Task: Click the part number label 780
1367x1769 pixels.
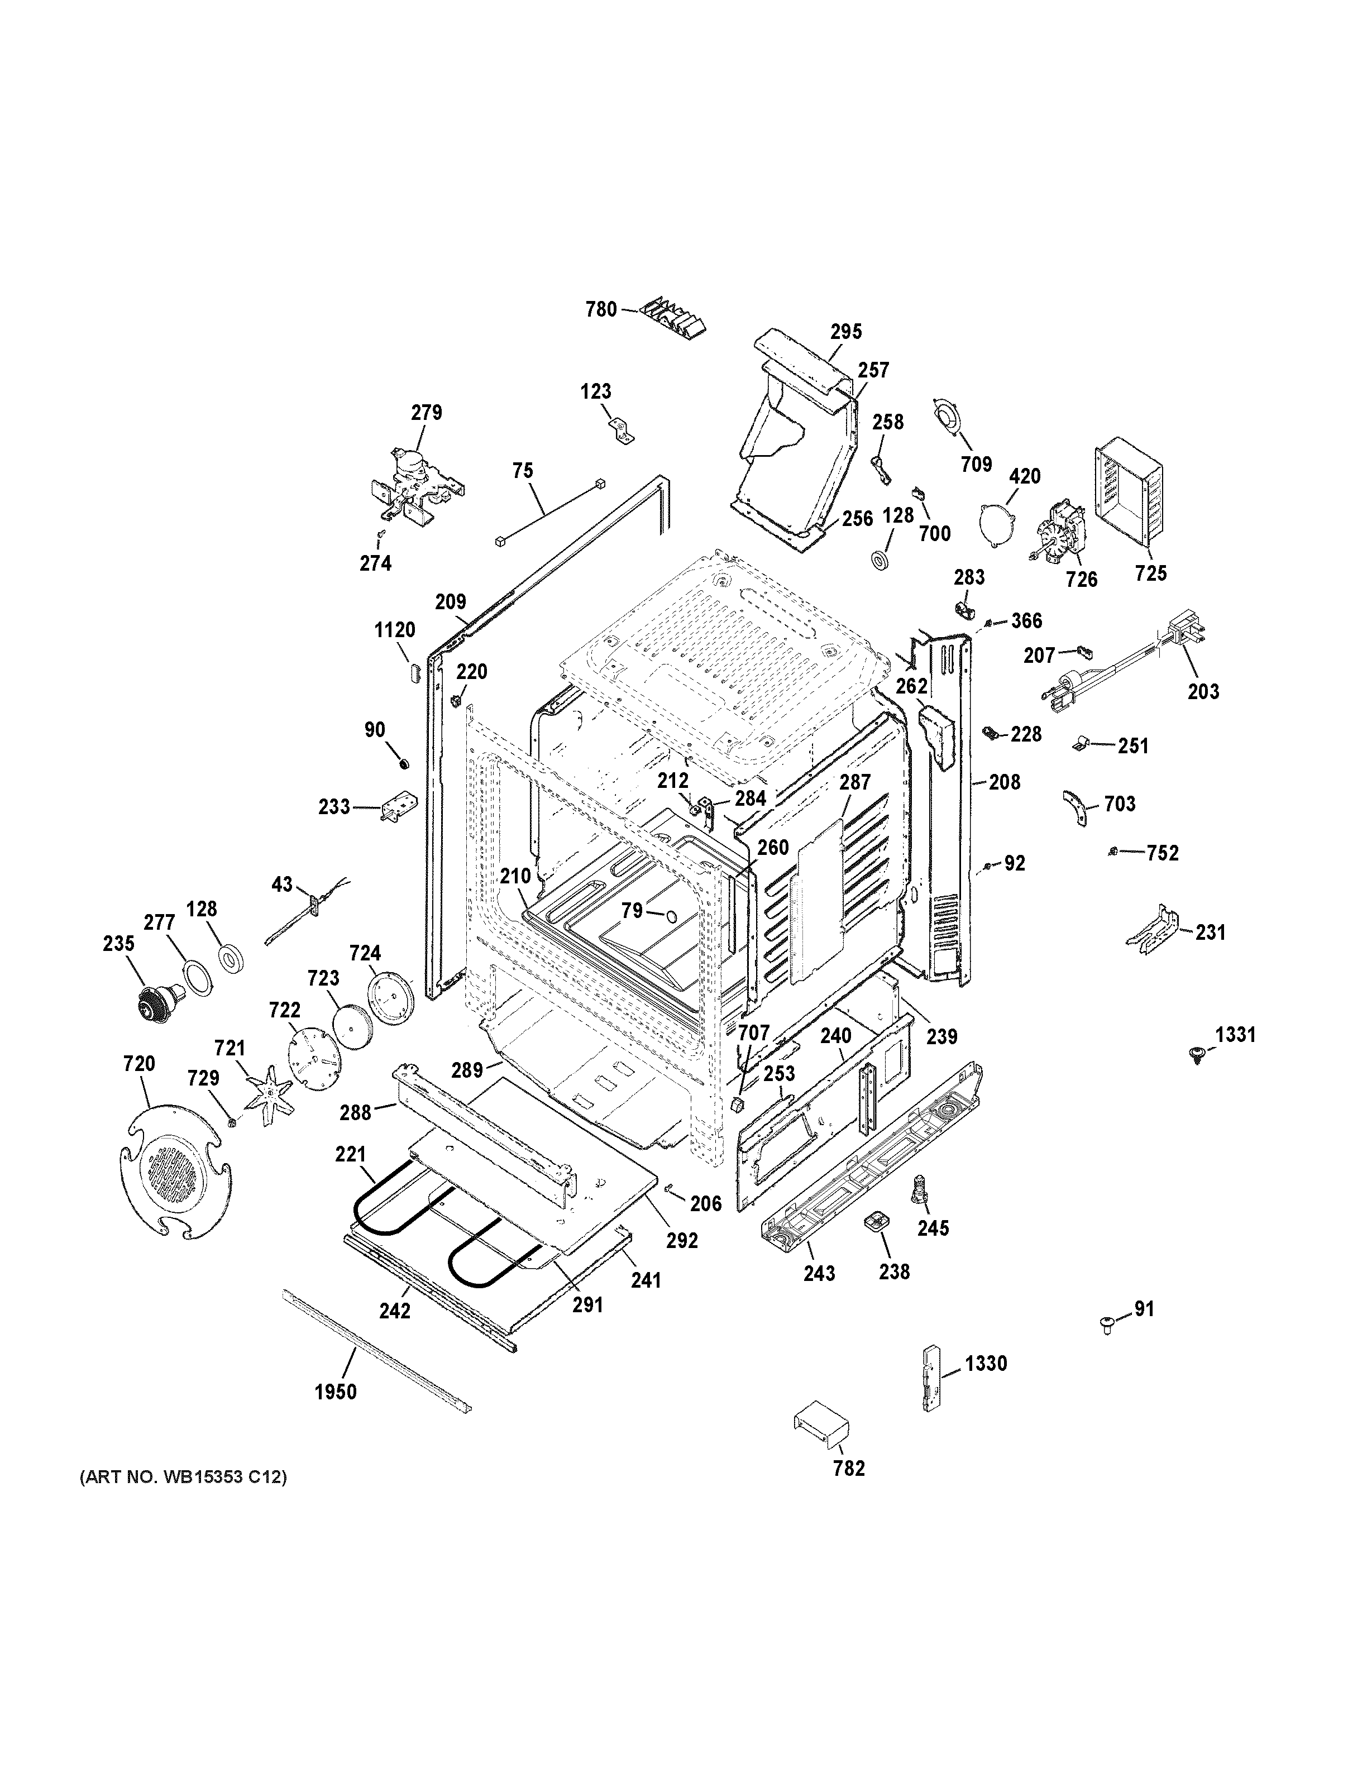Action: pos(601,309)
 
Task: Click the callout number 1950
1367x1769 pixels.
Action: pos(335,1392)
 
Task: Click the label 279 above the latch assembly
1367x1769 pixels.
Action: pos(426,412)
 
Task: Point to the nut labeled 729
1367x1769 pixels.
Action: pos(232,1122)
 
